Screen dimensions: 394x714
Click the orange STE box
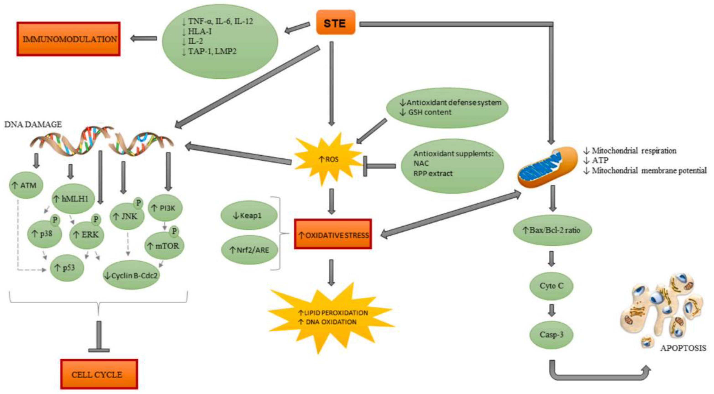point(335,23)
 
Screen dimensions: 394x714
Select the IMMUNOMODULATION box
point(68,39)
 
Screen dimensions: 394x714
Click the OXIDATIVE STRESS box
point(333,234)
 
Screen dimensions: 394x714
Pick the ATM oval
point(26,185)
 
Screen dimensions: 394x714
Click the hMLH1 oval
point(73,199)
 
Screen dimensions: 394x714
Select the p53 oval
point(67,267)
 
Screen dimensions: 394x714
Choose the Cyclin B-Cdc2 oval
point(131,275)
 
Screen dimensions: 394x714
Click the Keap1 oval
point(249,215)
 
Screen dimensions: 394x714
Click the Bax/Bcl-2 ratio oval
point(552,230)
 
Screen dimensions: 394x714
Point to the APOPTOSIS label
point(683,348)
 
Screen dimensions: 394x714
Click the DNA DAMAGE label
point(33,125)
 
